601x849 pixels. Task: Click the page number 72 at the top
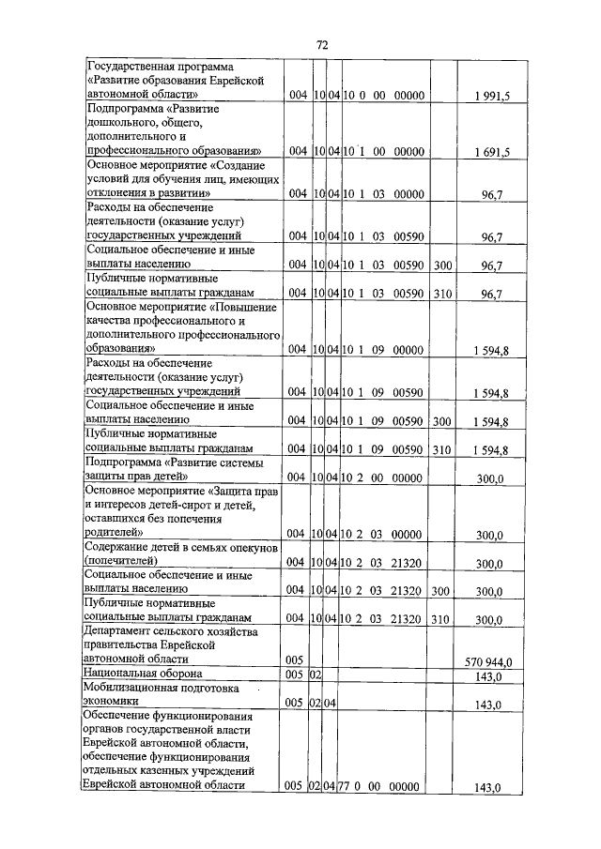321,44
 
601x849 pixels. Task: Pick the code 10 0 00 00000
384,96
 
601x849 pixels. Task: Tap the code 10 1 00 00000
384,150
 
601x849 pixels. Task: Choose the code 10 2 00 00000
384,478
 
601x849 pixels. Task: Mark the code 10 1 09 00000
384,349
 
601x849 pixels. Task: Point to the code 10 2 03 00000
384,535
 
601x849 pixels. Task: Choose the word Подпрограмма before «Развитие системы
123,463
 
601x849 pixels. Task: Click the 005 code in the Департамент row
294,660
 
